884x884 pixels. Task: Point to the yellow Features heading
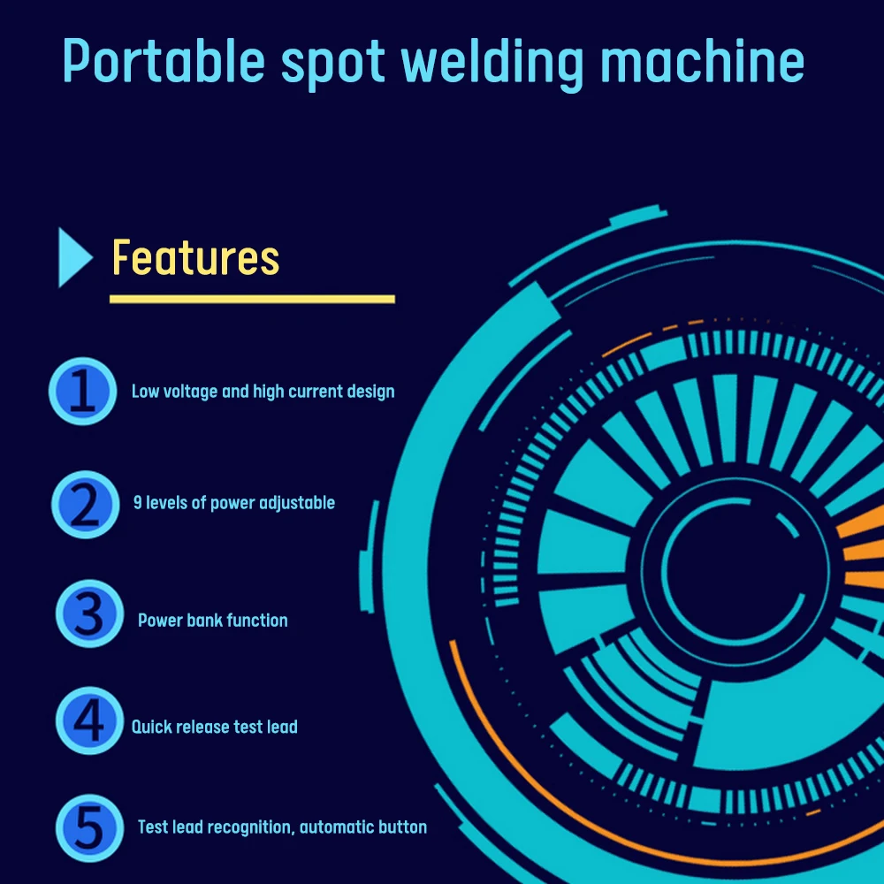[x=195, y=258]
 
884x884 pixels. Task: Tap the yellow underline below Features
[x=252, y=299]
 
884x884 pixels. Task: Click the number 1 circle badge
[x=82, y=391]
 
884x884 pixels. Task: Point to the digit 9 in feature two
[x=138, y=503]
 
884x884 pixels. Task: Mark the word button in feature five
[x=402, y=827]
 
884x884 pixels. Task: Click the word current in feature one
[x=316, y=391]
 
